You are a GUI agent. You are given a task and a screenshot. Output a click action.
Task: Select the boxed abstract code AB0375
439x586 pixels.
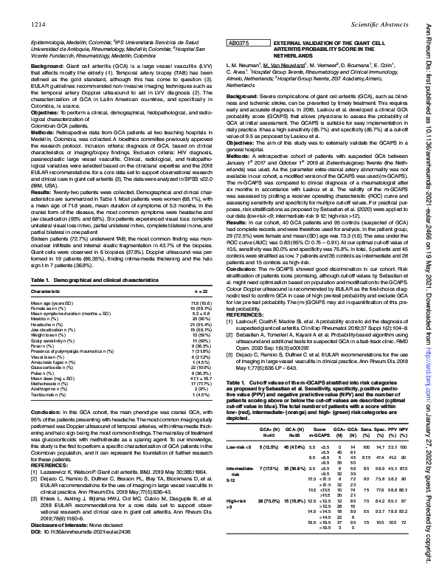(239, 44)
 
